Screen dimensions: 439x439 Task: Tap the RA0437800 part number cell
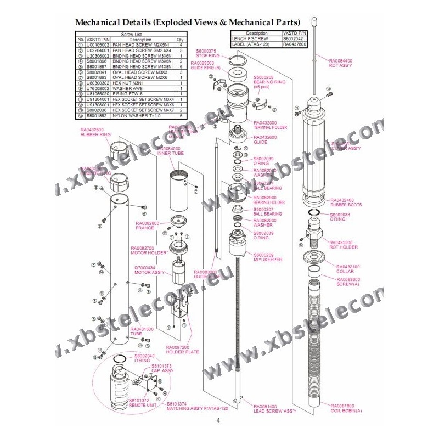click(295, 43)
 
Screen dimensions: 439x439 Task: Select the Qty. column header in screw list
click(180, 40)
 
